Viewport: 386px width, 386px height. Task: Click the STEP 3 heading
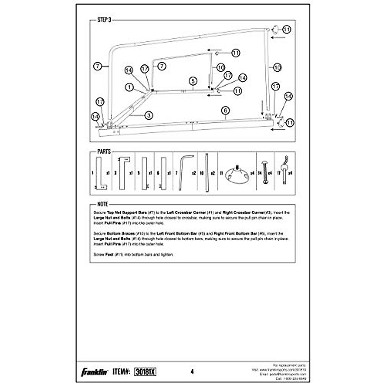104,20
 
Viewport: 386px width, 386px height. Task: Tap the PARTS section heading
104,152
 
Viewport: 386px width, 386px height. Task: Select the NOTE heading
103,204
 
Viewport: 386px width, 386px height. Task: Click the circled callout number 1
130,87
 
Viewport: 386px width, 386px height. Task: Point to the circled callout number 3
148,115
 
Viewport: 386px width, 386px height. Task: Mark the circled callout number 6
225,110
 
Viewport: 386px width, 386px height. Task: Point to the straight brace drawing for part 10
207,172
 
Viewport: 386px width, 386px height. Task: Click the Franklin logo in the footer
94,372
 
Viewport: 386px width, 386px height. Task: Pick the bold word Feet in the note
110,254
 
